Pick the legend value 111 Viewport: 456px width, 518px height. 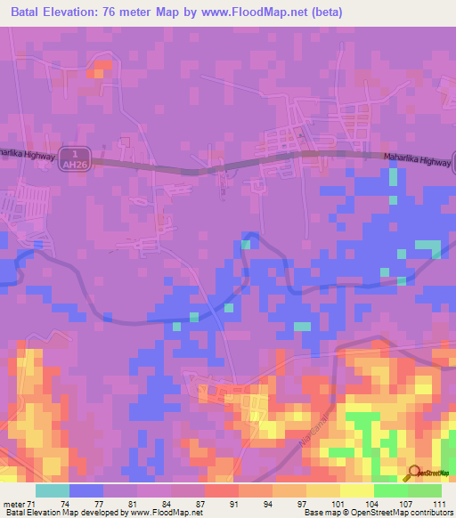coord(436,503)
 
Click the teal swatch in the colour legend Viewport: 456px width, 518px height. coord(53,490)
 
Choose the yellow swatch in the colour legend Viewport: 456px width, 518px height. coord(356,490)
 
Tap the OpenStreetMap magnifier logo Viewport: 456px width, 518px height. coord(414,473)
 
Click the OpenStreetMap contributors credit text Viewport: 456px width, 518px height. coord(396,513)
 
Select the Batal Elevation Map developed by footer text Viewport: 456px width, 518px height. coord(62,513)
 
